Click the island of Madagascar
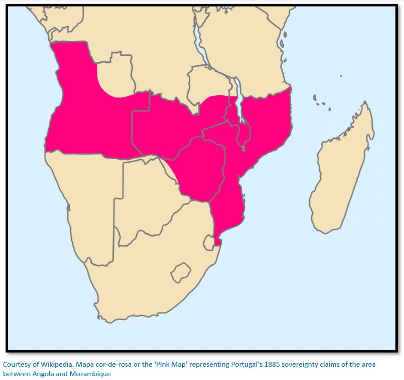pos(341,172)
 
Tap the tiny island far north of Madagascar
pos(341,76)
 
